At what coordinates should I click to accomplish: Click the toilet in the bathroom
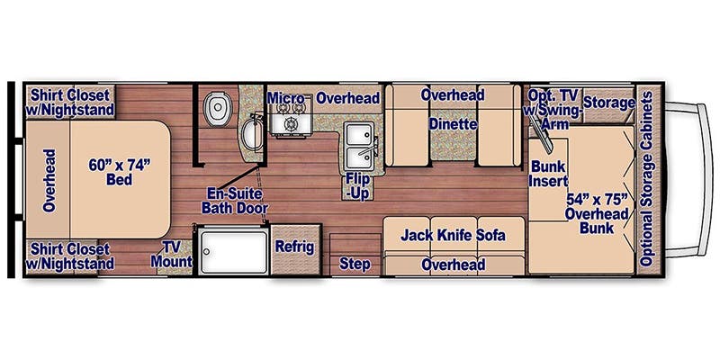(x=215, y=111)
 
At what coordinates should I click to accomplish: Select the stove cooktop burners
(x=290, y=123)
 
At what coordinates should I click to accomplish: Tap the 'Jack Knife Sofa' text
(x=453, y=236)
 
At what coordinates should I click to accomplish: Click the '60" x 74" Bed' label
(x=119, y=172)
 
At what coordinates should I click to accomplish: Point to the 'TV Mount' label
(x=177, y=254)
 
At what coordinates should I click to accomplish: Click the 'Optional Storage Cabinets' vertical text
(x=646, y=180)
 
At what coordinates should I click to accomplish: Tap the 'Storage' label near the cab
(x=608, y=103)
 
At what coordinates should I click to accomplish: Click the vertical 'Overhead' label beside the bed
(x=48, y=180)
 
